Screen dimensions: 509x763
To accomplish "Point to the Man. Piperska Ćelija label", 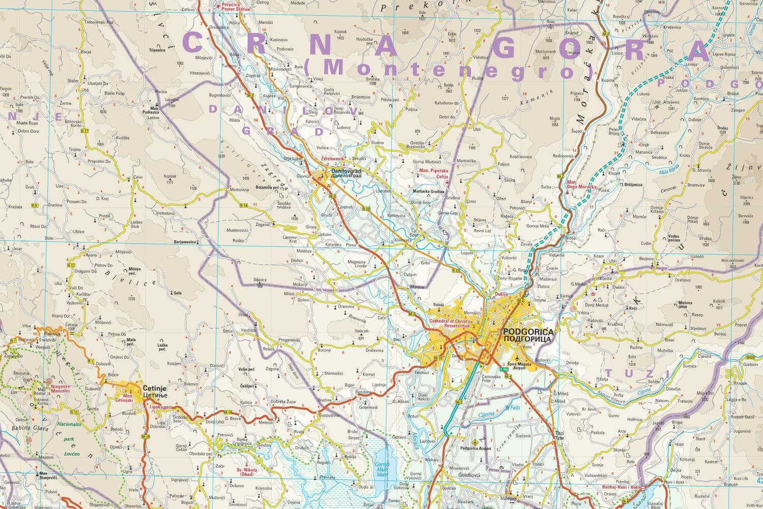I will [433, 173].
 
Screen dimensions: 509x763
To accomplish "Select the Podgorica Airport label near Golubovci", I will [475, 448].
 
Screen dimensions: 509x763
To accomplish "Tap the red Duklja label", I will [501, 294].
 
